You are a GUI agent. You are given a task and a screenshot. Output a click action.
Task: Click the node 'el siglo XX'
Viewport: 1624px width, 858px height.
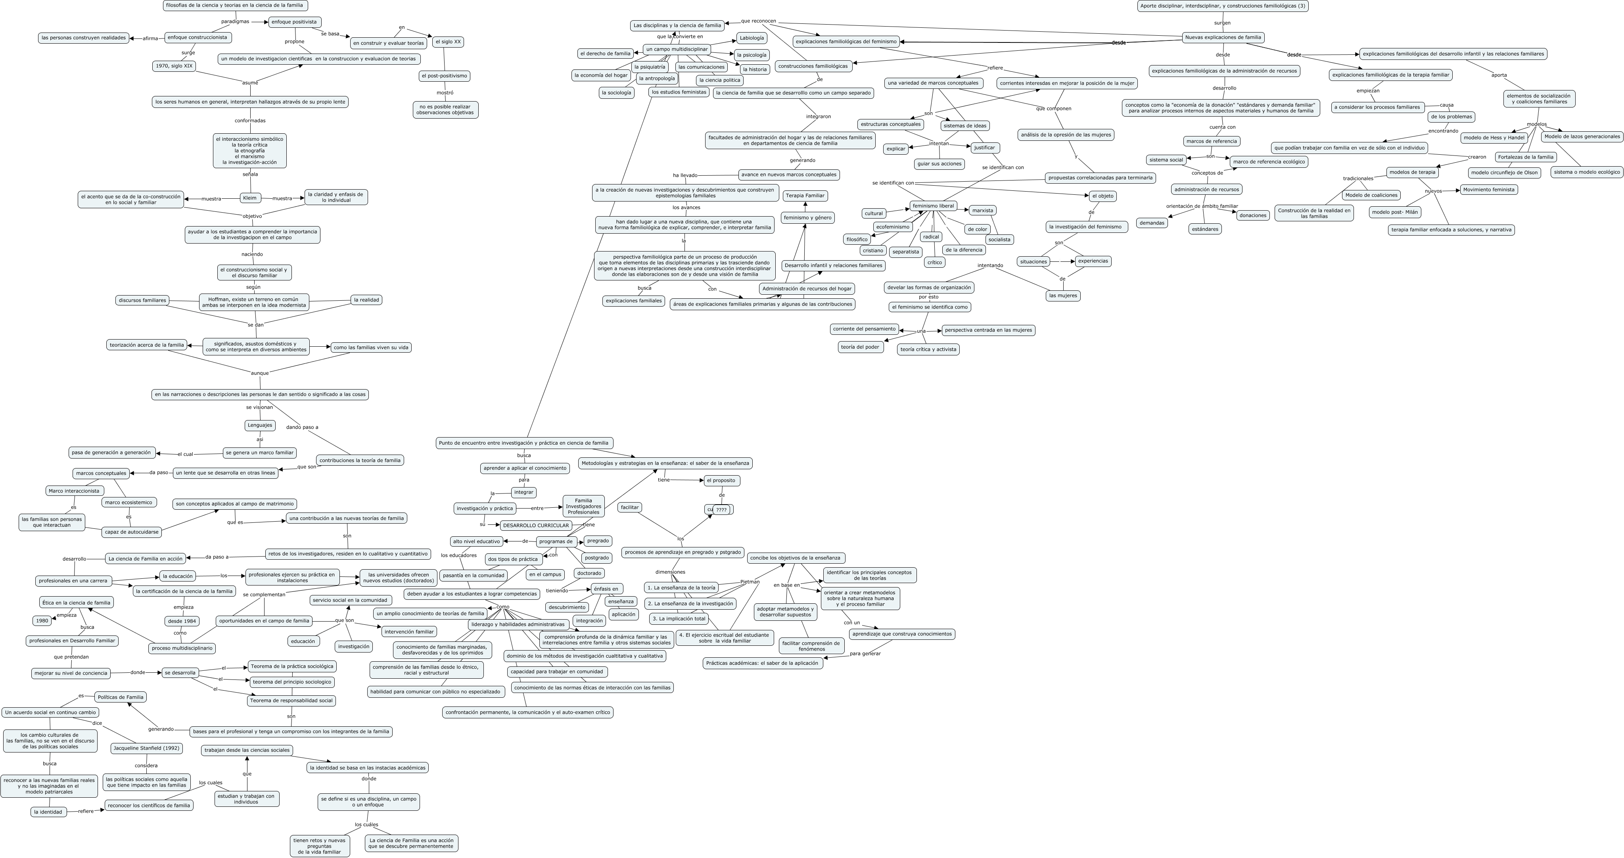click(x=448, y=42)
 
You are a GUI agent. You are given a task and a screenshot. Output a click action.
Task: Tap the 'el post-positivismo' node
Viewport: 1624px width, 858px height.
click(x=445, y=76)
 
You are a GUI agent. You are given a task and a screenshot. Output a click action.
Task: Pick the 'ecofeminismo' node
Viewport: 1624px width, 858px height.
click(x=893, y=227)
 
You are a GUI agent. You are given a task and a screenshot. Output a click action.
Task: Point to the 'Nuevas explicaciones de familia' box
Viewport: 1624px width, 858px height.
click(x=1222, y=38)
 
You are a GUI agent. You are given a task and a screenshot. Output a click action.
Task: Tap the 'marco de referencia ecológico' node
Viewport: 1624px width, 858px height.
click(x=1268, y=162)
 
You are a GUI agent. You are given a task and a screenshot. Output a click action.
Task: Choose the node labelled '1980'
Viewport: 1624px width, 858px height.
click(x=42, y=621)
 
